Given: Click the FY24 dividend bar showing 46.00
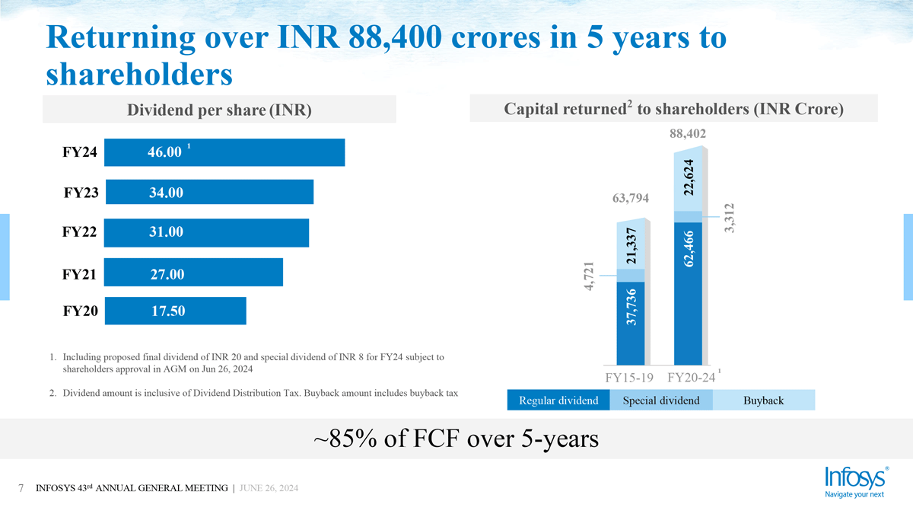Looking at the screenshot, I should (x=224, y=152).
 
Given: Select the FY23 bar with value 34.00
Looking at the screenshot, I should (x=209, y=192).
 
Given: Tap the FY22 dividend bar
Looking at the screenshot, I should (x=206, y=232).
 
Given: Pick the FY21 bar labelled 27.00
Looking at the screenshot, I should (x=193, y=273).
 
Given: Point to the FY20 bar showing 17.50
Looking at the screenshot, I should (x=175, y=311).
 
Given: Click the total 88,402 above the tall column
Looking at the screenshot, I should (x=688, y=133).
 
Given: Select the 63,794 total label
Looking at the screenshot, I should (x=630, y=200).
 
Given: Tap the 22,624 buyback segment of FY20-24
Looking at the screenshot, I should (x=689, y=177).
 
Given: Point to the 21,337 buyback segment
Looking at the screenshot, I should (x=631, y=245).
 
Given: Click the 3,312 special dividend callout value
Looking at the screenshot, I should (x=731, y=219).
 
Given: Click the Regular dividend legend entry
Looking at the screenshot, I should (x=558, y=401).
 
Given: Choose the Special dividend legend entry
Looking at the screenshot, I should (x=660, y=401).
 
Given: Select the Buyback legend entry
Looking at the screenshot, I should (x=763, y=401).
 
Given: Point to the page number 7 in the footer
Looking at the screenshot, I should (x=21, y=487).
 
